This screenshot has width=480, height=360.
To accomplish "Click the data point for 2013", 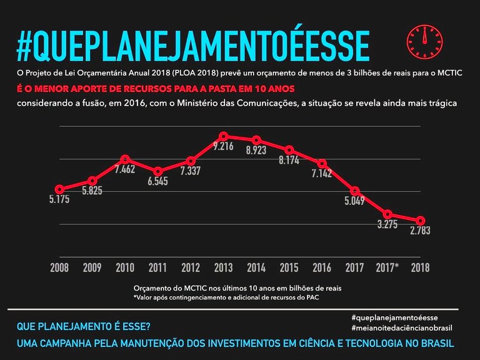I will click(224, 136).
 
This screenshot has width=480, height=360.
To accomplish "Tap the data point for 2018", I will click(421, 221).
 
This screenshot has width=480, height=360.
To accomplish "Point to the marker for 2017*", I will click(388, 214).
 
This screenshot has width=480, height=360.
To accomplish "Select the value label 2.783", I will click(420, 231).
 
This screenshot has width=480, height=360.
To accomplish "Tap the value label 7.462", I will click(125, 169).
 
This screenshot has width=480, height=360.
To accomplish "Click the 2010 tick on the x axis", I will click(125, 268).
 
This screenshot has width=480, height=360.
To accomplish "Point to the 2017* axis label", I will click(388, 268).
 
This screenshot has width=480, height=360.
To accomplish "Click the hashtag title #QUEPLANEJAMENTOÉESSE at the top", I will click(193, 44).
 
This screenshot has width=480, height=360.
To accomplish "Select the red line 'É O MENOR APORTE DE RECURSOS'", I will click(155, 89).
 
